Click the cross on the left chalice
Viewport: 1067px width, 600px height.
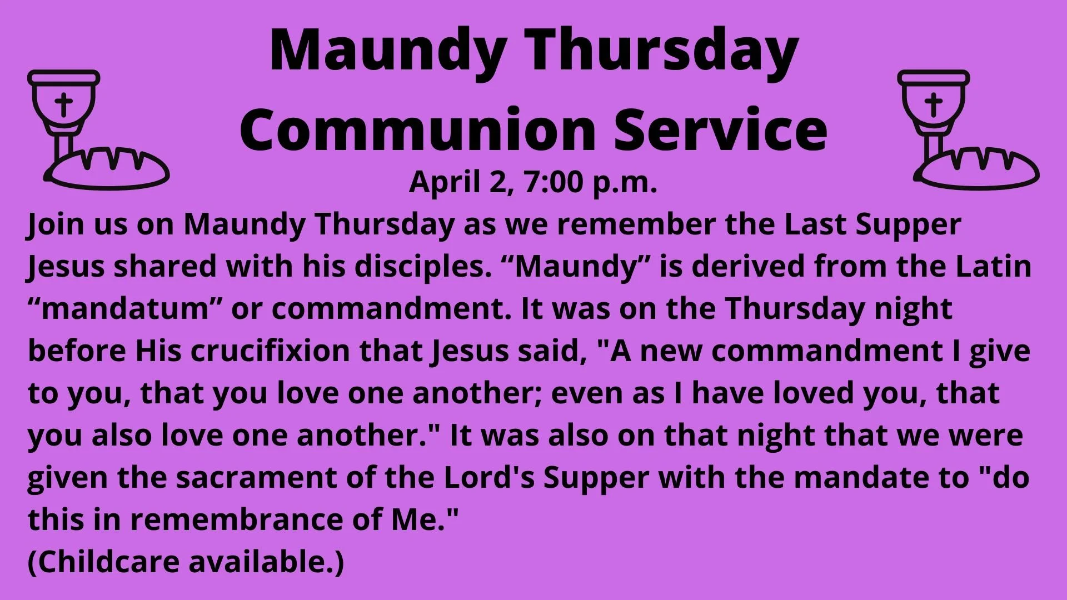tap(64, 104)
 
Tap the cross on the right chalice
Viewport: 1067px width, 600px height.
tap(934, 104)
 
